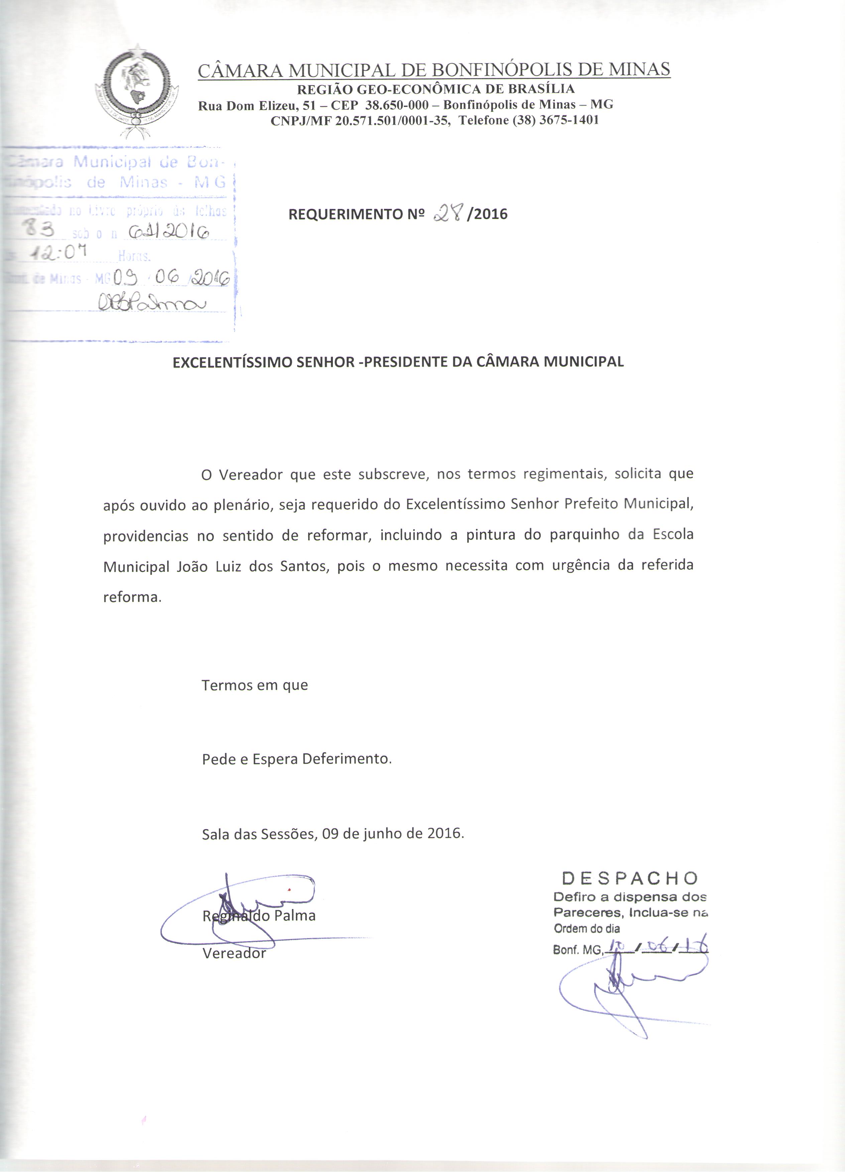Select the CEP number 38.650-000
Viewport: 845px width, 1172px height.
point(396,105)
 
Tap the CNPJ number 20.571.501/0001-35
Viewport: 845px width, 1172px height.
point(391,121)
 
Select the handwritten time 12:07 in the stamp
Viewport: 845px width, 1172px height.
point(56,252)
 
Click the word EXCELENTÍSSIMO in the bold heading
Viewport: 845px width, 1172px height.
point(232,362)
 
